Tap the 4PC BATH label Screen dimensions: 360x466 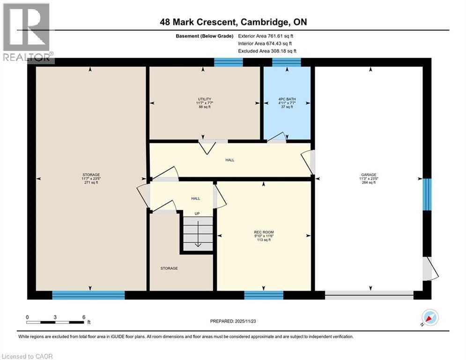pos(286,99)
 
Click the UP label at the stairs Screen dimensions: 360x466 pos(197,214)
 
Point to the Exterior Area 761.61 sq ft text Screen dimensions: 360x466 pos(266,36)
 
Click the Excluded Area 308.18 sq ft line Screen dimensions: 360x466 pos(267,51)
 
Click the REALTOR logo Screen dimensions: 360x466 pos(27,33)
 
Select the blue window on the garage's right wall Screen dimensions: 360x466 pos(427,194)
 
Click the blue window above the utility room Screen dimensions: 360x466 pos(228,62)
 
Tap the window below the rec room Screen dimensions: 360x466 pos(264,295)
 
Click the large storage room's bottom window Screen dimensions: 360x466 pos(88,295)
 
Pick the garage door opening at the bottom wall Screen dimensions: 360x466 pos(369,295)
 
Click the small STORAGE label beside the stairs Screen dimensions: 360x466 pos(169,268)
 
